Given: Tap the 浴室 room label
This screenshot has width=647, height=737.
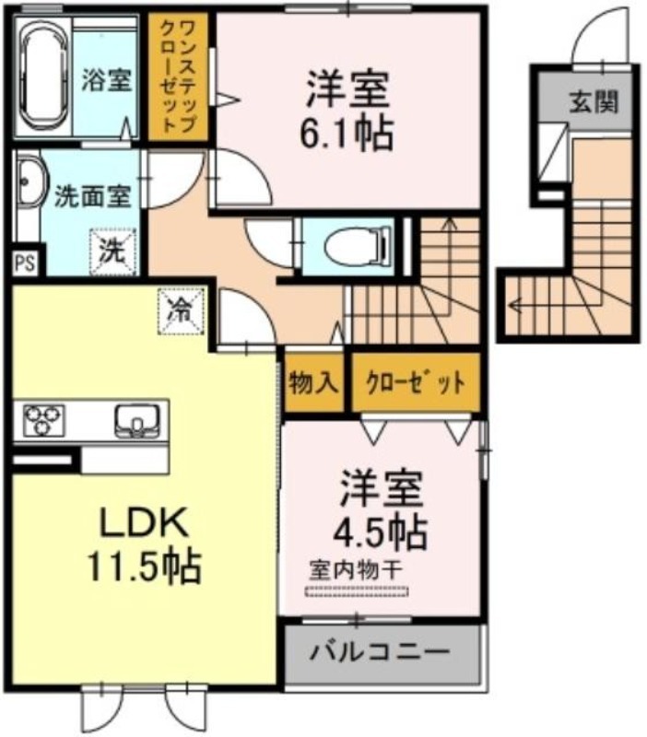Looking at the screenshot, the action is point(106,79).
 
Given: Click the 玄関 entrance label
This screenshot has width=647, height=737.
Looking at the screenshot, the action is point(594,101).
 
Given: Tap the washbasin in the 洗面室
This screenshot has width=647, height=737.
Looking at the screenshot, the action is point(30,181).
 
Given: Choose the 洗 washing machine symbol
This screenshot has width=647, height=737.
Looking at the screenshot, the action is point(113,251).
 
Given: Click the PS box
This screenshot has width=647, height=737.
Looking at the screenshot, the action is point(26,263).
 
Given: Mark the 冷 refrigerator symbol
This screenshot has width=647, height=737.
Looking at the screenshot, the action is point(182,310).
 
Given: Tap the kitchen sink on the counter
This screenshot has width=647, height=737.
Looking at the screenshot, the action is point(136,418).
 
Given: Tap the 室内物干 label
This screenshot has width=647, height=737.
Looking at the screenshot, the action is point(356,570).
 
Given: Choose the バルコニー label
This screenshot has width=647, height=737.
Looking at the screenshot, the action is point(380,652).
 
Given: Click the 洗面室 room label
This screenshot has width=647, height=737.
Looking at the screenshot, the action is point(93,196).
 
